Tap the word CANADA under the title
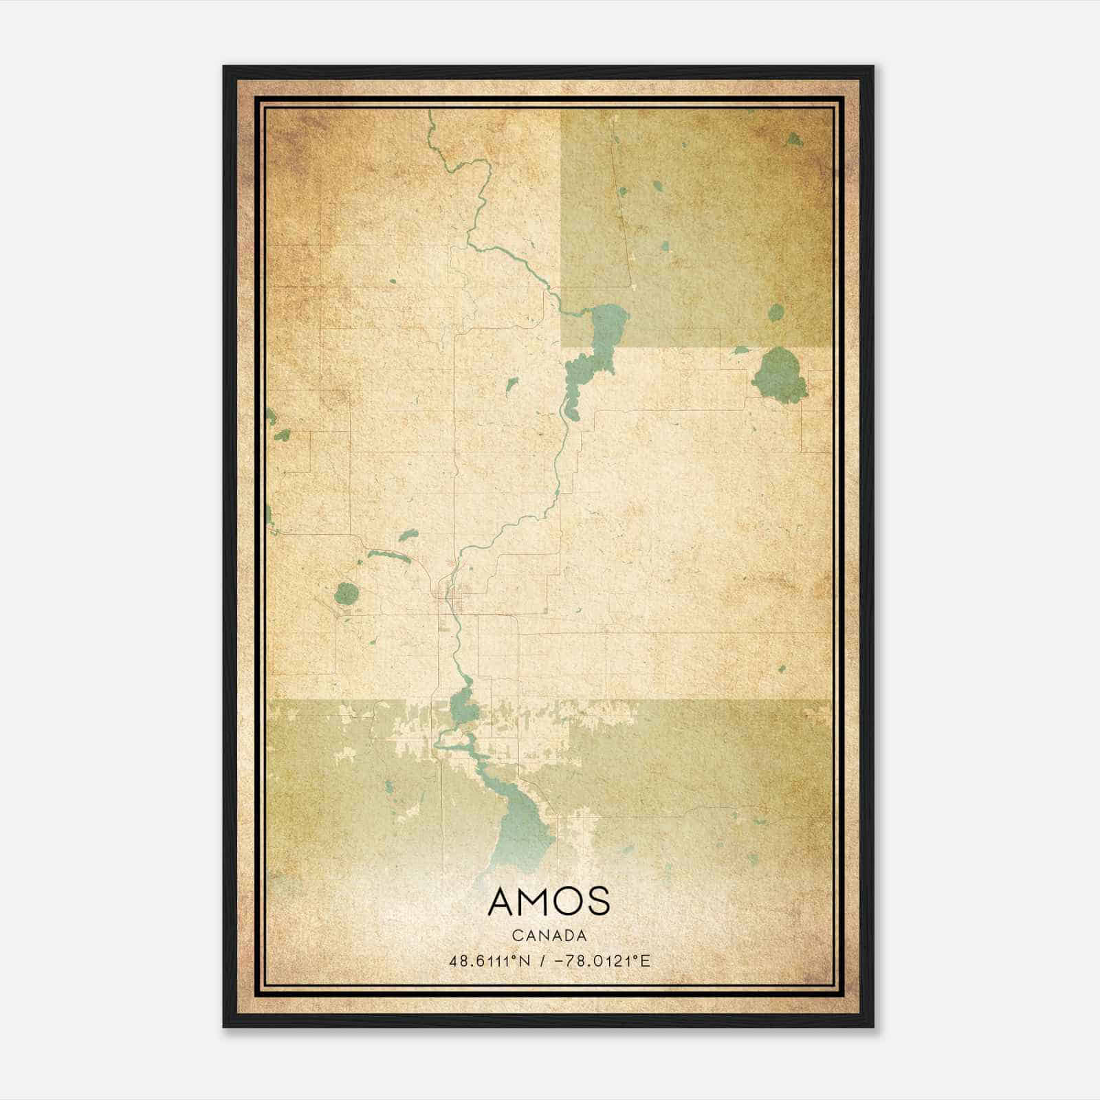(549, 936)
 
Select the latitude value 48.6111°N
(489, 961)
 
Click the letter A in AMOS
(503, 901)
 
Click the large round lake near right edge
(779, 375)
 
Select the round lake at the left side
(346, 593)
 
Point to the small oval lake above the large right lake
(775, 313)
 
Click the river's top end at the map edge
(430, 113)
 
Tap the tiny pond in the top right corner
(794, 140)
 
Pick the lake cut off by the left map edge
(269, 415)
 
